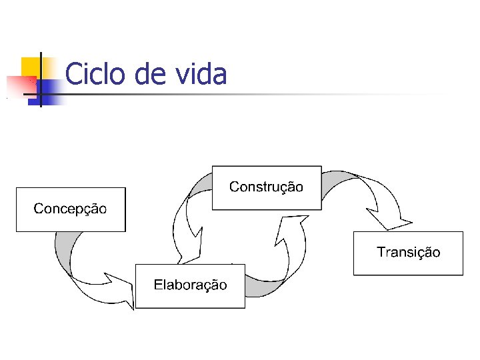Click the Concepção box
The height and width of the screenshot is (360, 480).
[71, 220]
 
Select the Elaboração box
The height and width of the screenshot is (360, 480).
[190, 297]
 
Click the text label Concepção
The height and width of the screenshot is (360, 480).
[70, 209]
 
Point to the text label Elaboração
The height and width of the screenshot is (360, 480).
[190, 285]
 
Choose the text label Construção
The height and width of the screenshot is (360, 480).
[266, 187]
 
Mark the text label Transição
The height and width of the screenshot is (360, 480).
[408, 253]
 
